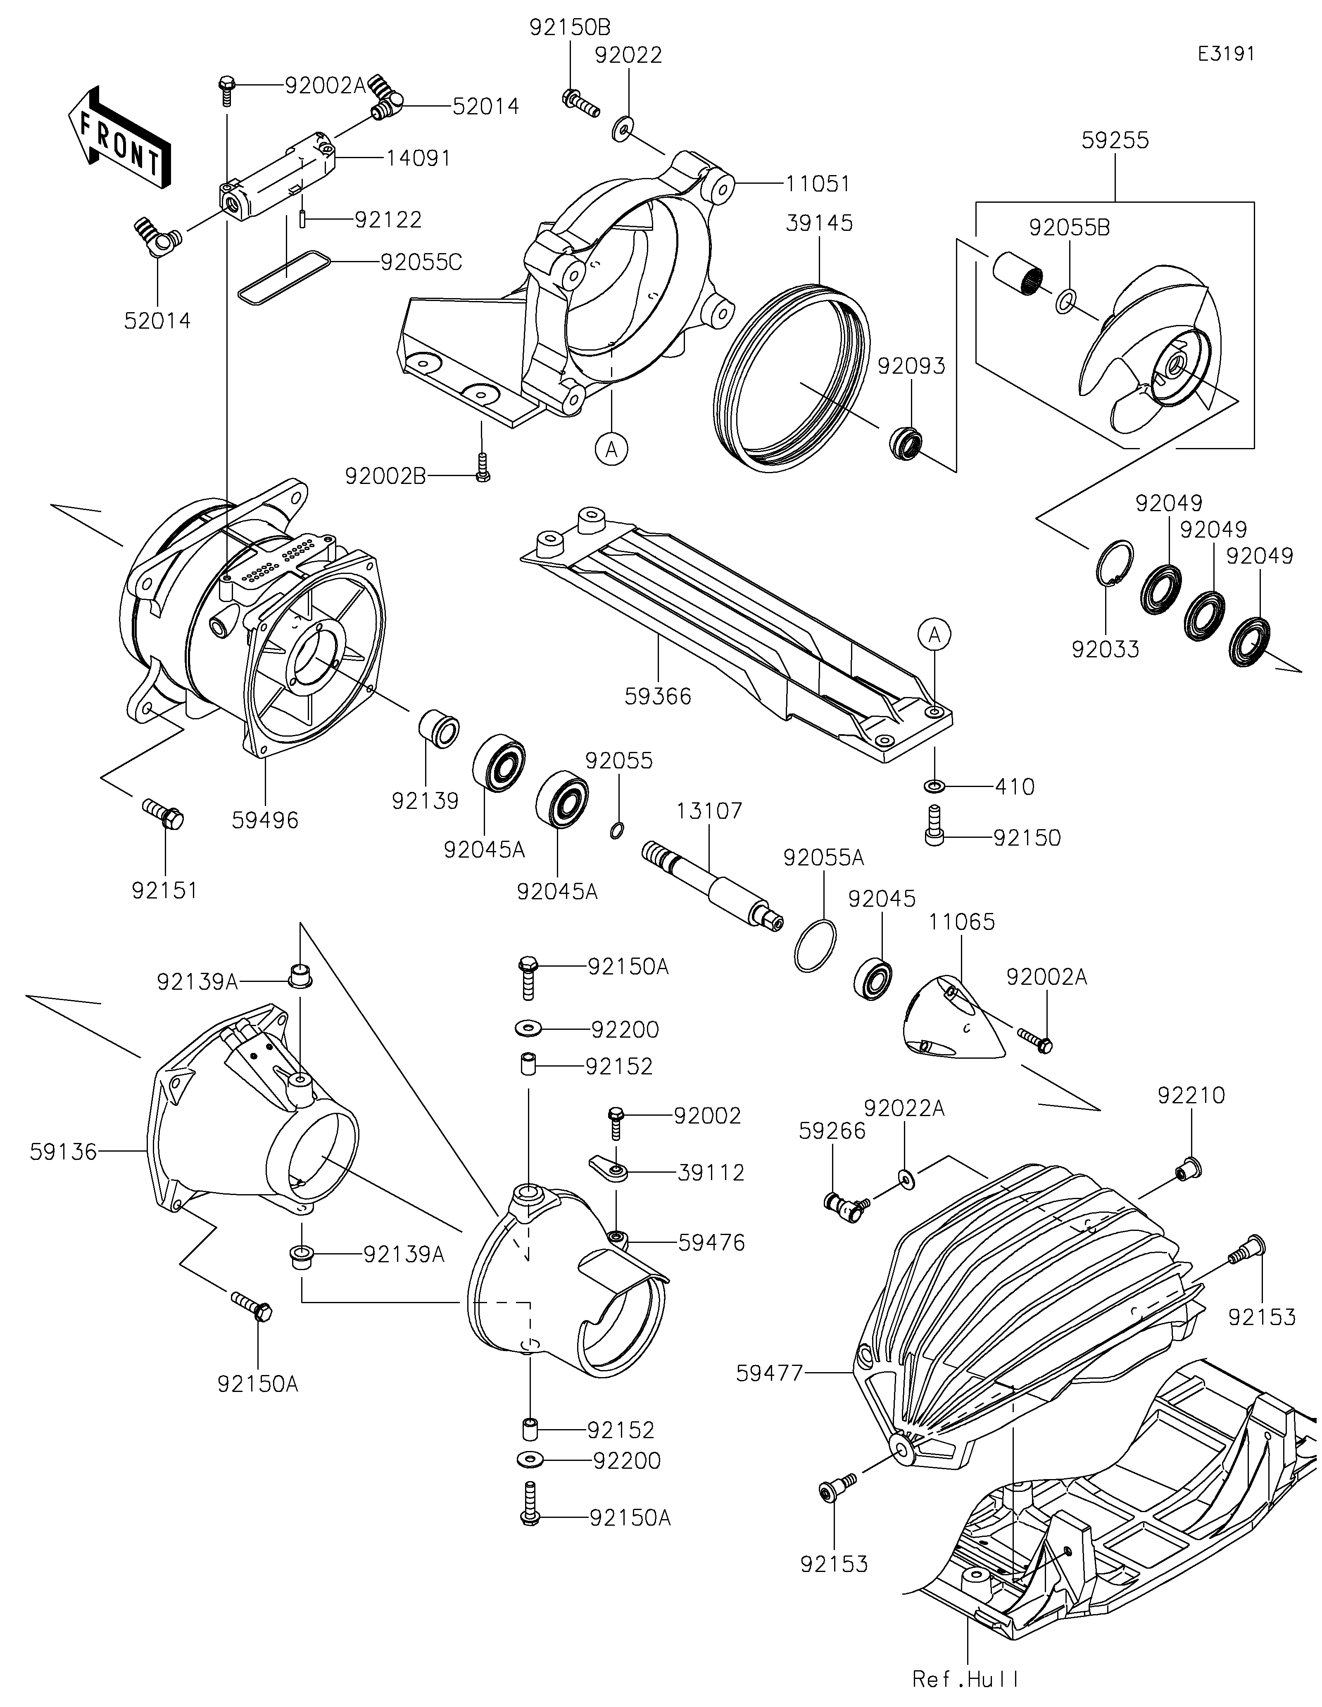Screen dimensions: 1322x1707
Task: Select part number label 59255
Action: click(1115, 141)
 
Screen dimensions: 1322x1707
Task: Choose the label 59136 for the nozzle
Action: click(64, 1150)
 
